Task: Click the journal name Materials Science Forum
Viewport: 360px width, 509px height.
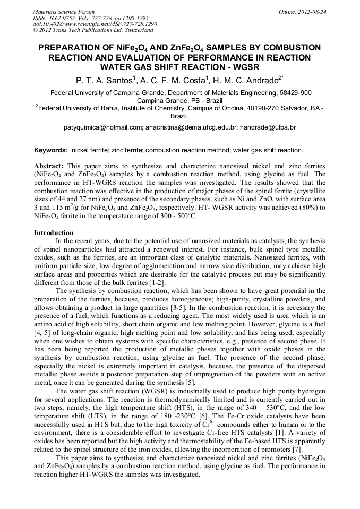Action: click(64, 12)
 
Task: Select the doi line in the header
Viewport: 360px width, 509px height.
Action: click(95, 24)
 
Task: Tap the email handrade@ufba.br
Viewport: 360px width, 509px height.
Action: click(268, 127)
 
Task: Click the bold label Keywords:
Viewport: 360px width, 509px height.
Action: click(51, 150)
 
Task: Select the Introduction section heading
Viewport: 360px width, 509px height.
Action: click(54, 232)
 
